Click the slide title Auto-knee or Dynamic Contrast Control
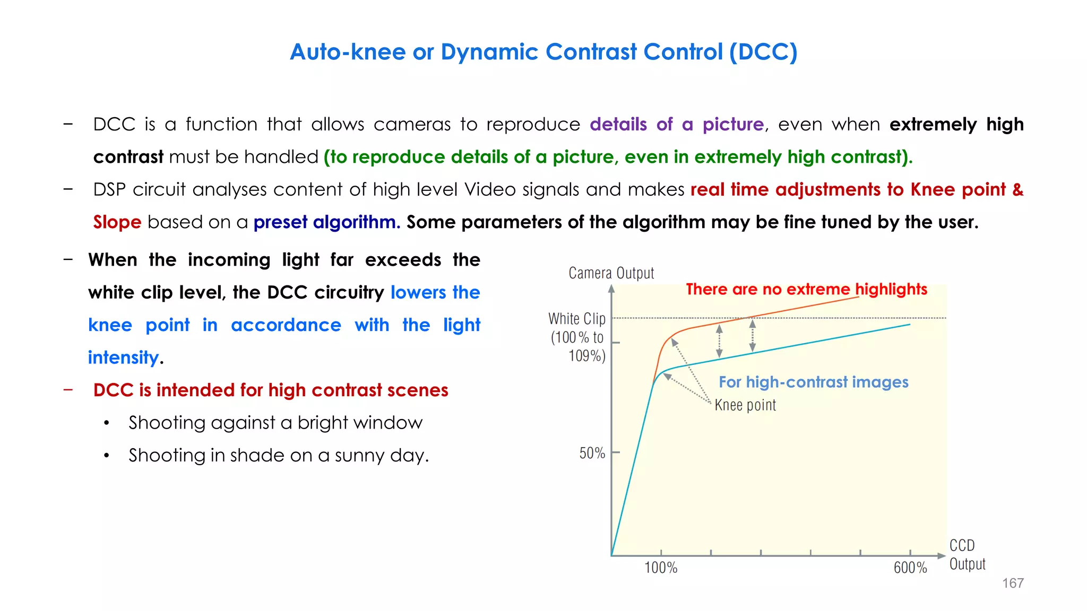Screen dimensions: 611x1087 [543, 52]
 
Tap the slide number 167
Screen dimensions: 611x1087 [1012, 583]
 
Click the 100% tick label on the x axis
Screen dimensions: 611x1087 [661, 568]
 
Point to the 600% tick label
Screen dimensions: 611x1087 [910, 568]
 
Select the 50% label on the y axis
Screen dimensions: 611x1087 [592, 453]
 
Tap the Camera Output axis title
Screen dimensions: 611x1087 [611, 273]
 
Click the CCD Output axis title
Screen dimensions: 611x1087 [967, 554]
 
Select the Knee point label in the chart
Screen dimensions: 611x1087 [745, 405]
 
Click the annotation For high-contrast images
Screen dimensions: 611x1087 [813, 382]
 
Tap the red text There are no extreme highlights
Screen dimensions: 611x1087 [806, 289]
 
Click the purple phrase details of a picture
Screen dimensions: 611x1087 [676, 124]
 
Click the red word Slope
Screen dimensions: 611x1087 [117, 222]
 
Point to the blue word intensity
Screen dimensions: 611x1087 [123, 357]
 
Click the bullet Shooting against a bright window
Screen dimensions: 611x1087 [275, 423]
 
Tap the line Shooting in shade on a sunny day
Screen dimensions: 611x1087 [278, 456]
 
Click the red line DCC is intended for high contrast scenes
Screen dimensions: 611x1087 [270, 390]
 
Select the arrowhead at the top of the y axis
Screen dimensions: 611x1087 [611, 289]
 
